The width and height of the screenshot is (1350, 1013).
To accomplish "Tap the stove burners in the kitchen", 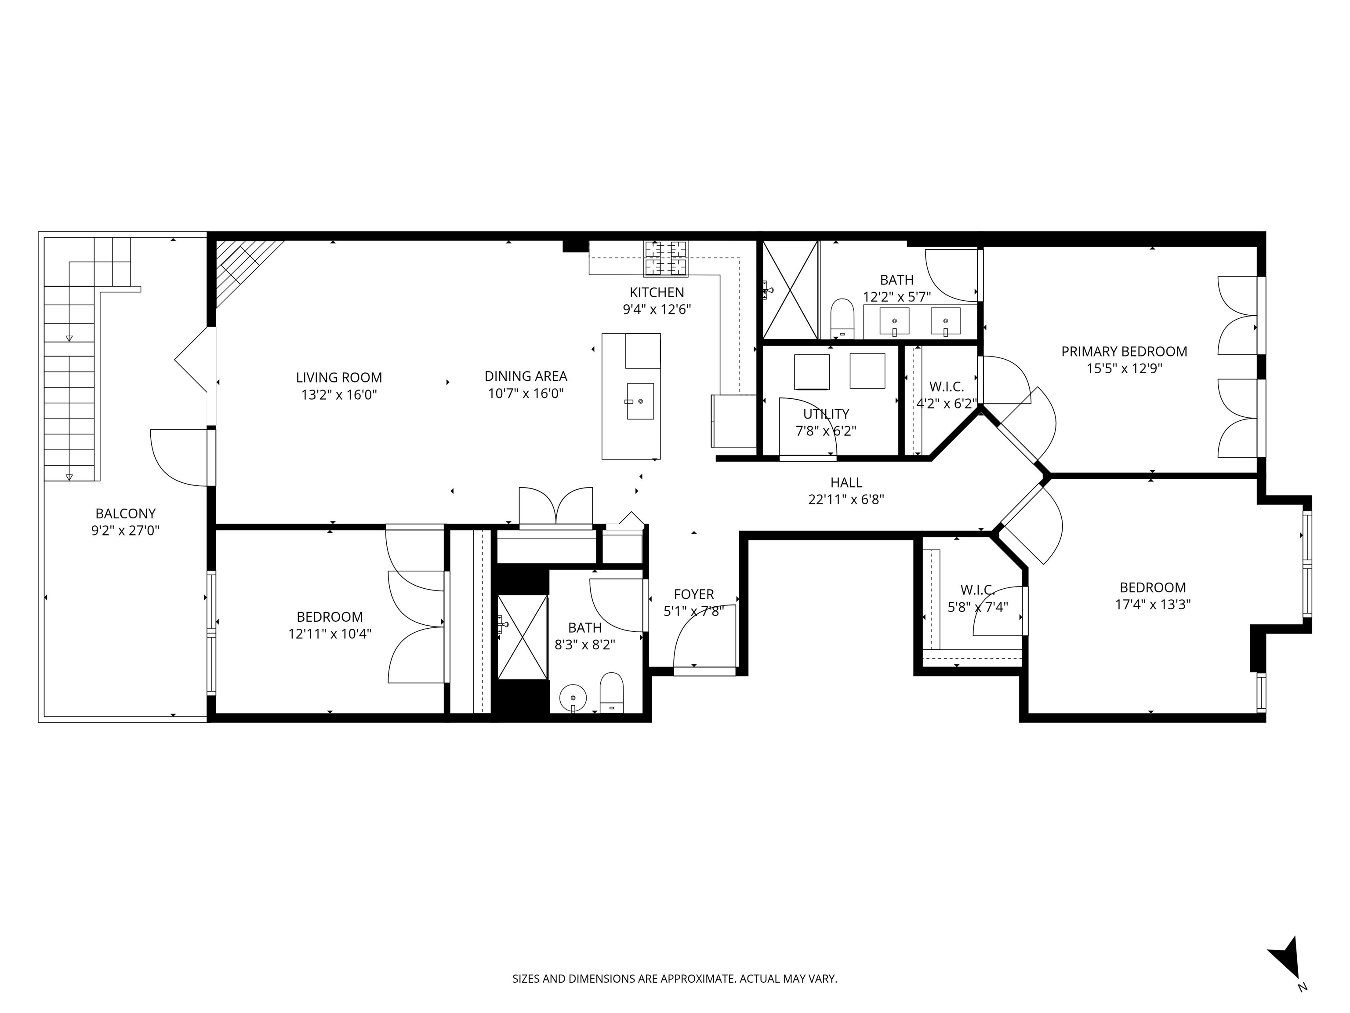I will point(665,258).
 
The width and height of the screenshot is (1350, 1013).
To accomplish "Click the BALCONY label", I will point(125,514).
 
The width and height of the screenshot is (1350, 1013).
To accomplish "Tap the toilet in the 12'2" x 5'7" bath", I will point(842,317).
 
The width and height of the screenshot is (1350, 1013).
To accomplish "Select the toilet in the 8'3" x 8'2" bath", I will point(612,692).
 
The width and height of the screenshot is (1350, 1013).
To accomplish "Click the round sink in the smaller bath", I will point(573,697).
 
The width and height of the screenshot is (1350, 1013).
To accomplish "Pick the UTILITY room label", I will point(826,414).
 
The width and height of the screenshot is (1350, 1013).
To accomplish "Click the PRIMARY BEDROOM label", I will point(1124,352).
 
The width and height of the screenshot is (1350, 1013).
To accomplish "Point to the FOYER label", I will point(694,594).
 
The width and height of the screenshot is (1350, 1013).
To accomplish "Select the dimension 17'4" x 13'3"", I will point(1152,605).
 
